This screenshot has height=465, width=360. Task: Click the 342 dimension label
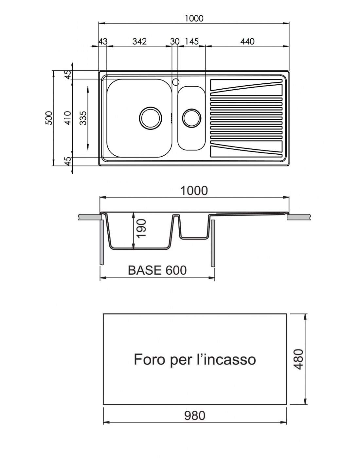coord(139,41)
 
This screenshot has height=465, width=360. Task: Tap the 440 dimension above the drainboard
coord(247,41)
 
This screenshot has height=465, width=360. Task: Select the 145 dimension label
coord(192,41)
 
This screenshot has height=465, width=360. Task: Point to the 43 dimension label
coord(103,41)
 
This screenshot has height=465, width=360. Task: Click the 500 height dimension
coord(49,118)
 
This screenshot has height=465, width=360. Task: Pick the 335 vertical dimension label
coord(83,118)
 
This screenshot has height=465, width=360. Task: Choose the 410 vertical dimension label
coord(68,118)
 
